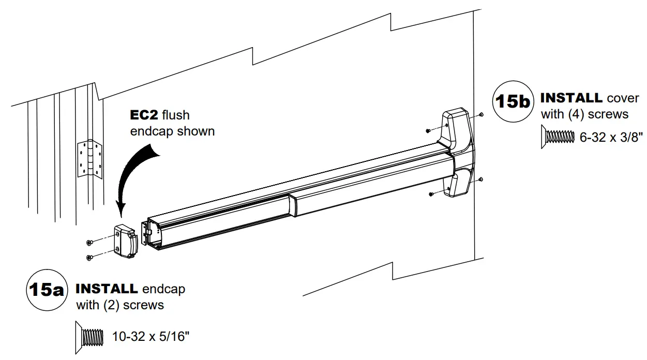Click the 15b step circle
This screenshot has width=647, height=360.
click(x=511, y=101)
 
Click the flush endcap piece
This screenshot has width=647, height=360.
click(x=125, y=241)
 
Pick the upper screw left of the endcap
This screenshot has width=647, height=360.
click(x=90, y=242)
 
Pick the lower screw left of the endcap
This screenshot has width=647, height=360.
click(x=89, y=257)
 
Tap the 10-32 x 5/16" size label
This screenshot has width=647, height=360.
click(x=151, y=337)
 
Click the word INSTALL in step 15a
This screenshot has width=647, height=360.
click(x=107, y=289)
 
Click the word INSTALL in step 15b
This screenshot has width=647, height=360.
click(x=571, y=98)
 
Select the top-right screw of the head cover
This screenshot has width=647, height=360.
click(x=482, y=114)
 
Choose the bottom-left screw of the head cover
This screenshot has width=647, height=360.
click(x=431, y=194)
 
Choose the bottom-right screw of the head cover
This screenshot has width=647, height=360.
click(x=481, y=179)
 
